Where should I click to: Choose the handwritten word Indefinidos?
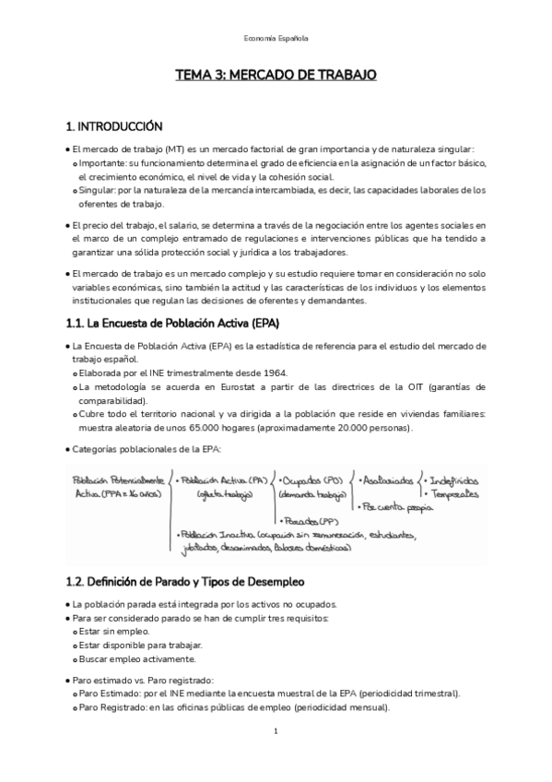pos(452,481)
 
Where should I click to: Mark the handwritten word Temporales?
pos(455,495)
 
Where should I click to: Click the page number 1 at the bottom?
pos(276,731)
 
